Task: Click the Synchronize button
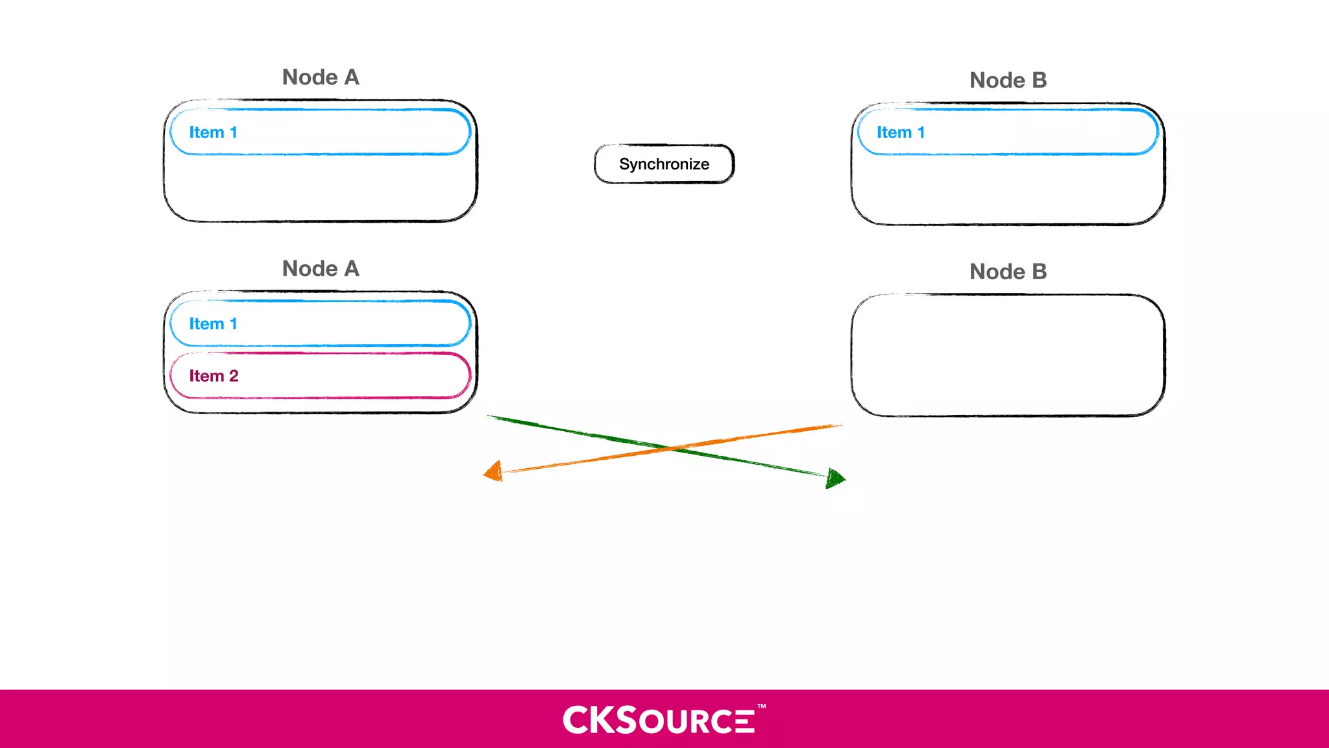pyautogui.click(x=664, y=164)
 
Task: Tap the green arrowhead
pyautogui.click(x=836, y=479)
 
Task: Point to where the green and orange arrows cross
pyautogui.click(x=668, y=447)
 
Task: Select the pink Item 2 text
pyautogui.click(x=213, y=376)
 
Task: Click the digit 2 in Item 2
pyautogui.click(x=234, y=376)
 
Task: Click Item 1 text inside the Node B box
pyautogui.click(x=900, y=132)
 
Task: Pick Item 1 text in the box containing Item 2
pyautogui.click(x=213, y=324)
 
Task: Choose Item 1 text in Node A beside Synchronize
pyautogui.click(x=213, y=132)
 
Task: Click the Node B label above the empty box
pyautogui.click(x=1008, y=271)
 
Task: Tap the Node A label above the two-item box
pyautogui.click(x=321, y=268)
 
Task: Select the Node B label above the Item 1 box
pyautogui.click(x=1008, y=80)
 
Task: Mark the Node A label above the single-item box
pyautogui.click(x=321, y=77)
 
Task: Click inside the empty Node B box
pyautogui.click(x=1008, y=355)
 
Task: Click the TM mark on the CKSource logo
pyautogui.click(x=761, y=706)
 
